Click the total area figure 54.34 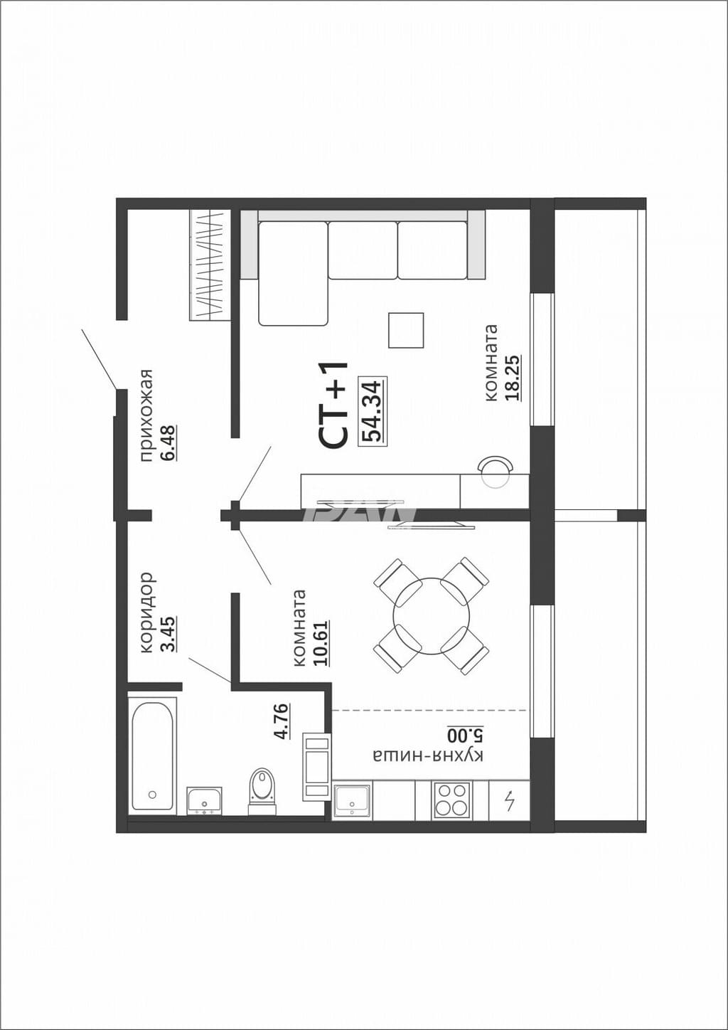[373, 410]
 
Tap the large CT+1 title [333, 404]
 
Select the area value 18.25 [513, 378]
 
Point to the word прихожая [146, 415]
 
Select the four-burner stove [451, 800]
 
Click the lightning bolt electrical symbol [509, 800]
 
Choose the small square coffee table [406, 330]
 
